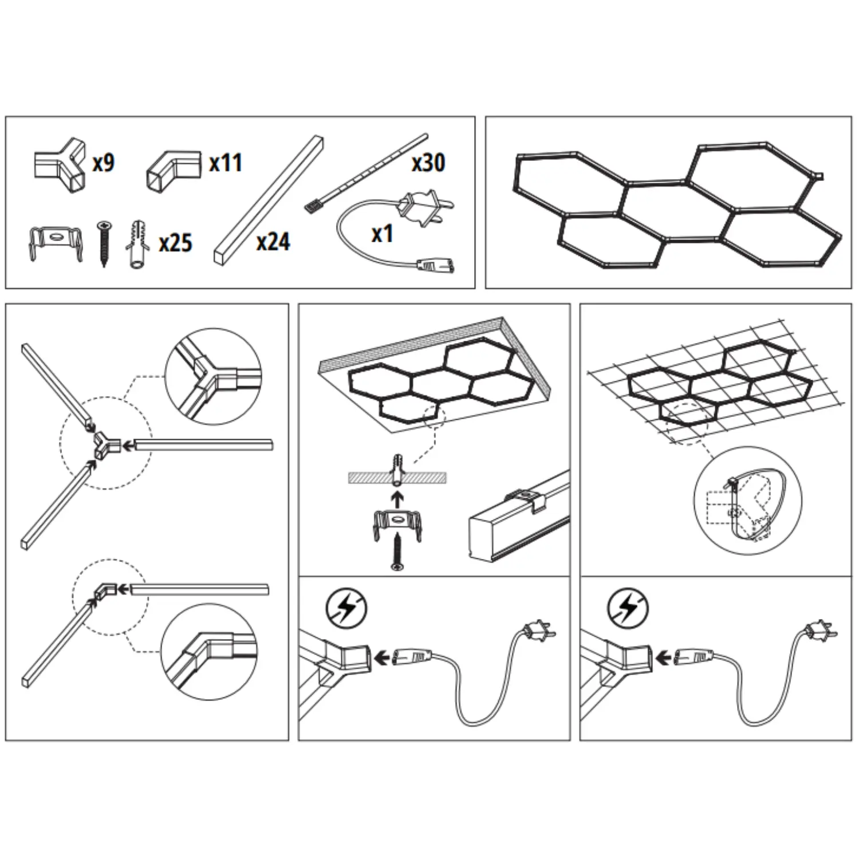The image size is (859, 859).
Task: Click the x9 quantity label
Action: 104,163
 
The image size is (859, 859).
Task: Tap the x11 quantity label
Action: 226,163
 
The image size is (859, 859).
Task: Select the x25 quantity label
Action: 175,243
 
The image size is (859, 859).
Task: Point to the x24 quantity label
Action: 273,242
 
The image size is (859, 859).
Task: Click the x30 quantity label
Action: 428,163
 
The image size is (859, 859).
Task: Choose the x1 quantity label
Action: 383,234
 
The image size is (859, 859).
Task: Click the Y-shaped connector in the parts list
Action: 60,165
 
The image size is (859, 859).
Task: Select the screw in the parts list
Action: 104,243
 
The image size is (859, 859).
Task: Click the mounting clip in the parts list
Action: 56,243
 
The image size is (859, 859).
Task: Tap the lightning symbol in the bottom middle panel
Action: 346,608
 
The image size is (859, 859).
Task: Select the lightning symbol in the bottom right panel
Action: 628,608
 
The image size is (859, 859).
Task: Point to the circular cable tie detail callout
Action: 748,501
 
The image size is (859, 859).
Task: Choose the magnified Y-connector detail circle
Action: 213,377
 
